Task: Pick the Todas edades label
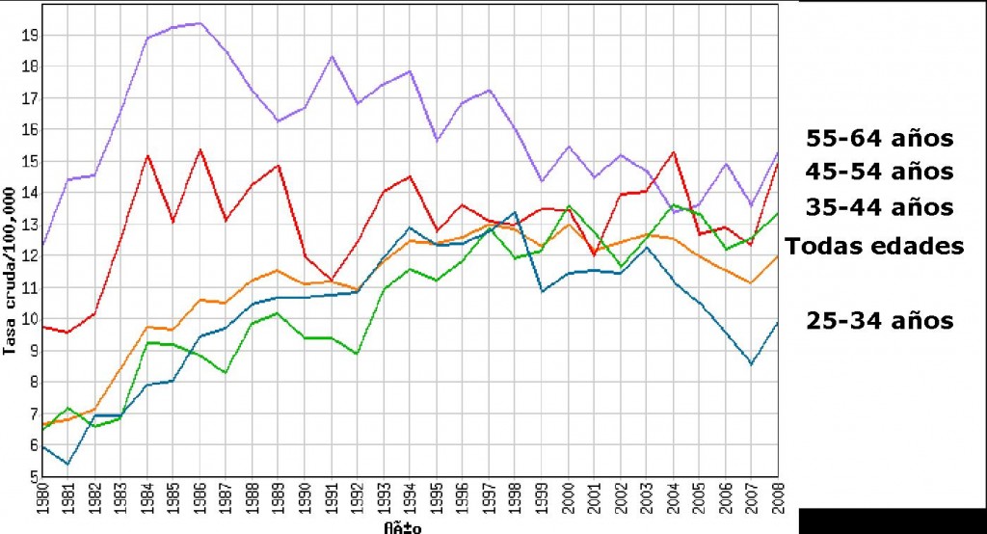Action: tap(874, 246)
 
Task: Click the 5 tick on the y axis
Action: tap(32, 477)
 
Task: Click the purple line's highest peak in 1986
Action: tap(199, 23)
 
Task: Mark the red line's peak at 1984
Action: tap(147, 155)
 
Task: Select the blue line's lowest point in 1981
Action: tap(67, 464)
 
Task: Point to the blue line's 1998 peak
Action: tap(516, 212)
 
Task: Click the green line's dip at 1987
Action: tap(225, 372)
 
